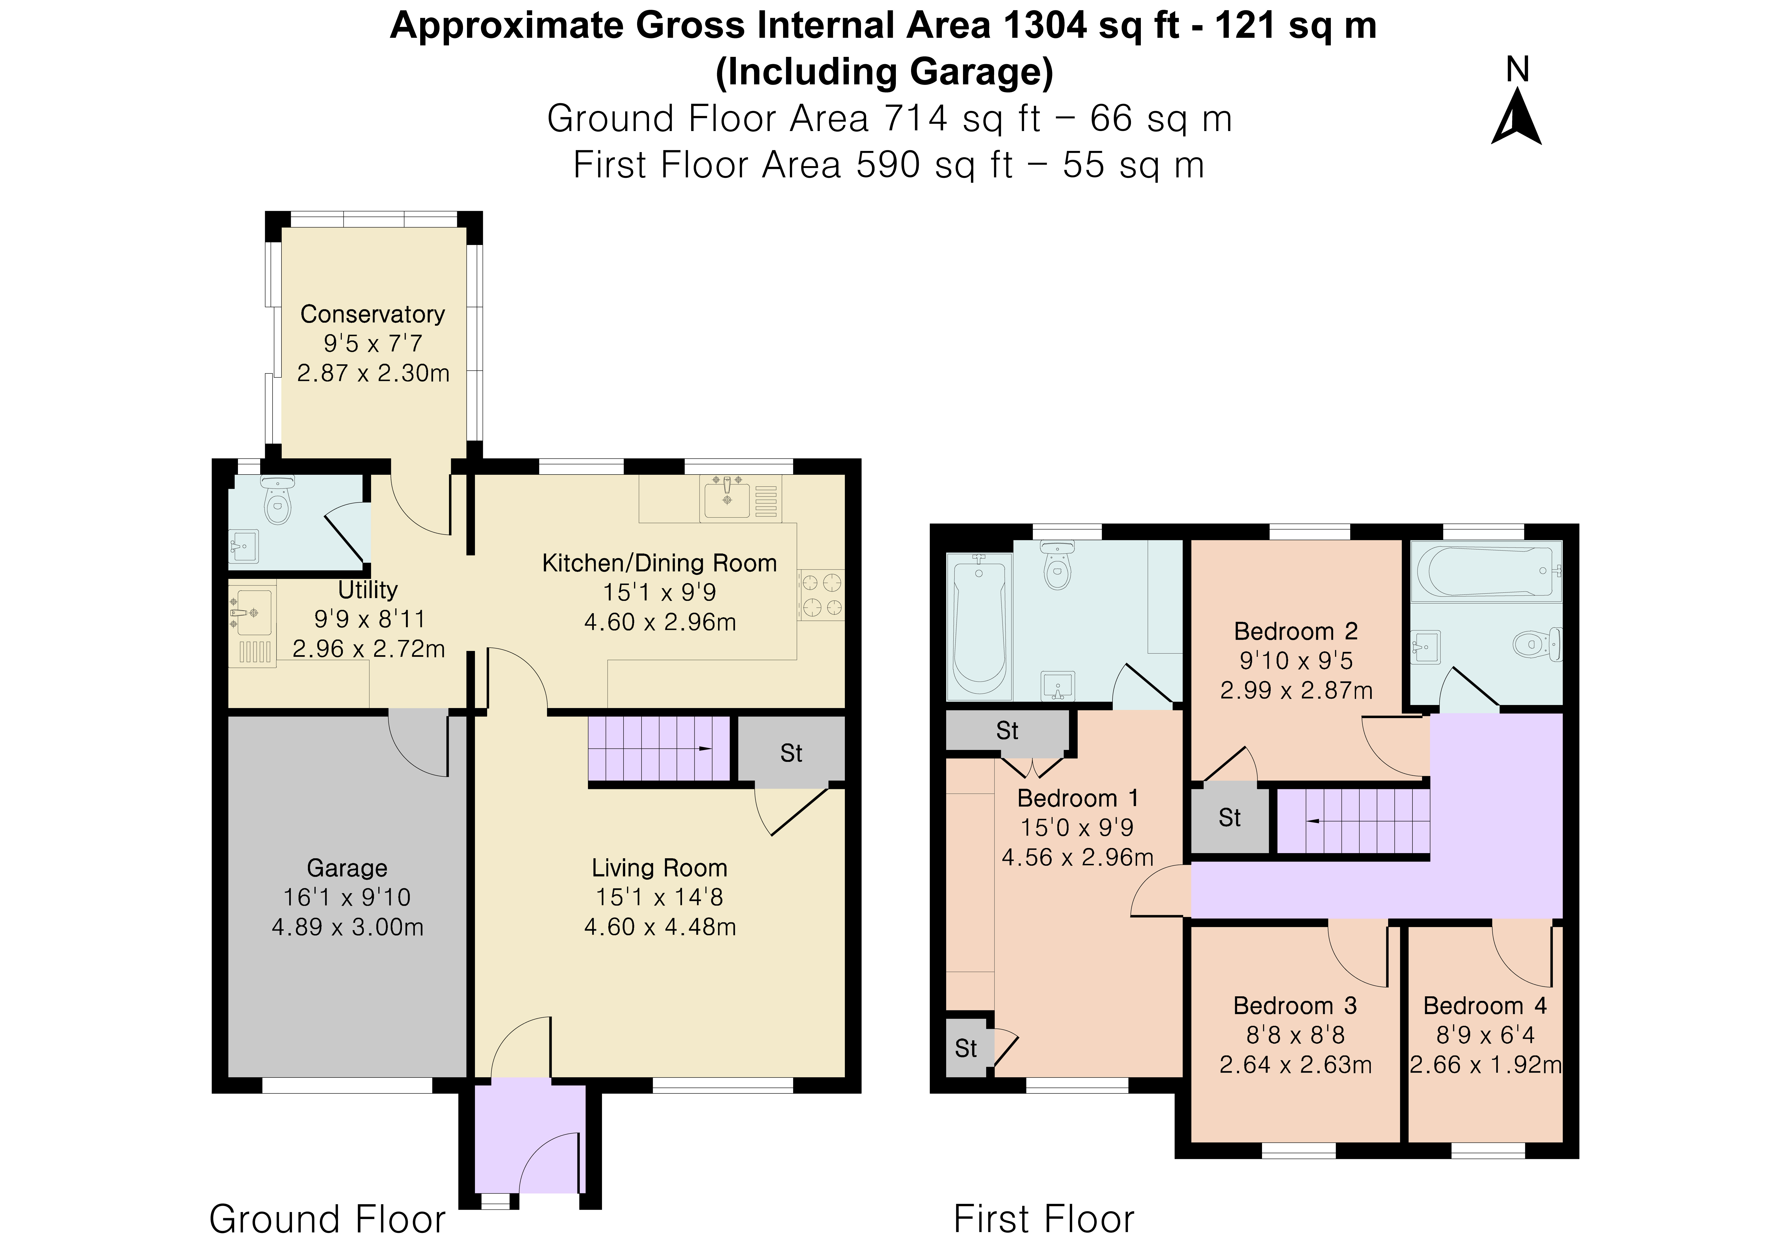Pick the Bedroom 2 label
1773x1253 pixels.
click(x=1296, y=631)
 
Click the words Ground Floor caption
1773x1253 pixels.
click(x=327, y=1219)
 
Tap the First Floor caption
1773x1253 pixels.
click(x=1044, y=1219)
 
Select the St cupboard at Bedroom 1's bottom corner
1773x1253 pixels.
click(x=967, y=1048)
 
